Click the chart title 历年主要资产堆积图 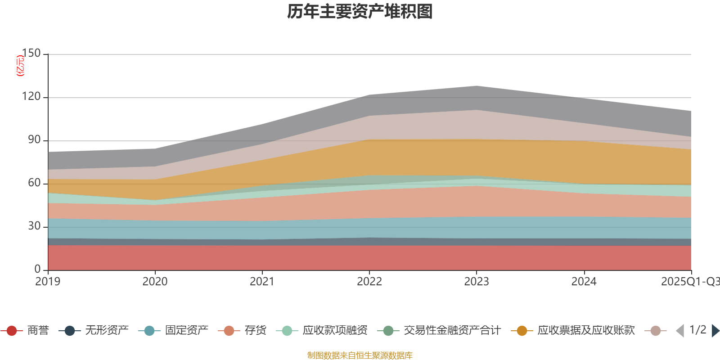tap(360, 12)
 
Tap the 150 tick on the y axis tap(31, 54)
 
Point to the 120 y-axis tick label tap(31, 97)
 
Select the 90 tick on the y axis tap(34, 140)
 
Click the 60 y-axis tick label tap(34, 183)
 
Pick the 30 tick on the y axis tap(34, 226)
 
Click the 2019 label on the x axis tap(48, 282)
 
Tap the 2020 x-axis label tap(155, 282)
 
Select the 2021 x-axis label tap(262, 282)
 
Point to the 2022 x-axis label tap(369, 282)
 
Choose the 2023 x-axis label tap(476, 282)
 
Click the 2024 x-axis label tap(584, 282)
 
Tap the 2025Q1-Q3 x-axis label tap(689, 282)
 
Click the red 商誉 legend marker tap(12, 331)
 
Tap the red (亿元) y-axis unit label tap(20, 66)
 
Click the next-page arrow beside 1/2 tap(715, 331)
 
